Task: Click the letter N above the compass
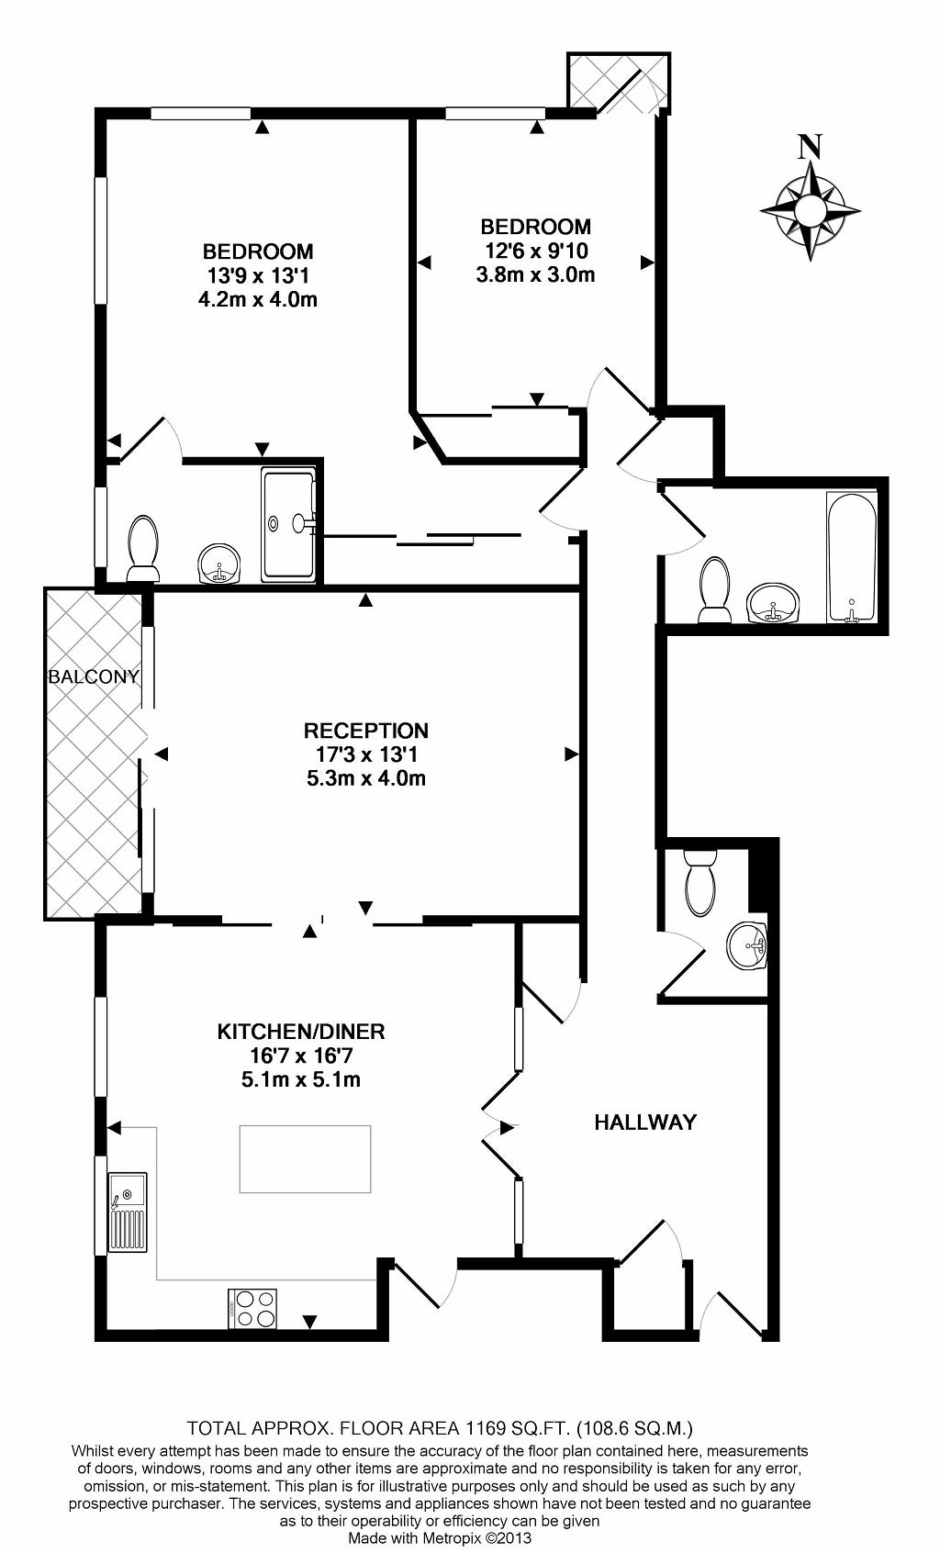[x=810, y=146]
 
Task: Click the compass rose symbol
[x=811, y=209]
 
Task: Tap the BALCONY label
[x=95, y=676]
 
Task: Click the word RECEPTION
[x=366, y=730]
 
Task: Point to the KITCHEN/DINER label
[x=301, y=1031]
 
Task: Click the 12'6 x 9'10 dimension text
[x=535, y=251]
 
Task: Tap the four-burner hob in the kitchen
[x=252, y=1309]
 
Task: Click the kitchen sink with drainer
[x=128, y=1212]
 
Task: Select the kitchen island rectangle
[x=305, y=1158]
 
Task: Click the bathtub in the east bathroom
[x=851, y=557]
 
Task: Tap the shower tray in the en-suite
[x=289, y=524]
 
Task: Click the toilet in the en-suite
[x=143, y=548]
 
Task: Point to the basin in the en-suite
[x=219, y=564]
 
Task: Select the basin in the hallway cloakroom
[x=747, y=945]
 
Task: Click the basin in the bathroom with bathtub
[x=772, y=603]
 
